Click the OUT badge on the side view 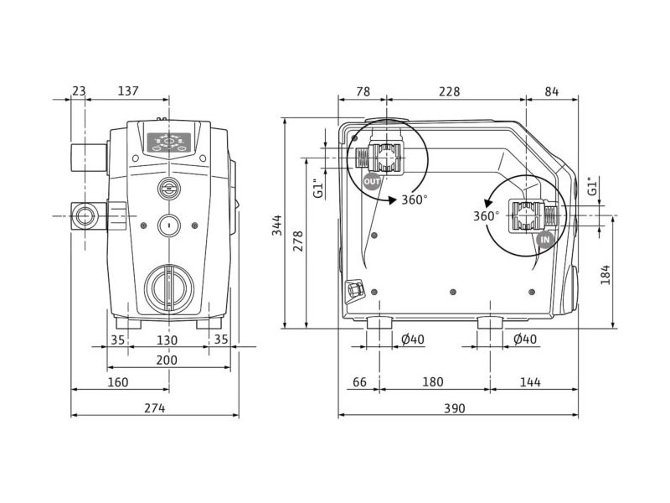tap(371, 181)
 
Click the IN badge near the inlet tap(545, 240)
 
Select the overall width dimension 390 tap(454, 408)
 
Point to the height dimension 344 tap(277, 225)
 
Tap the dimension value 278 tap(298, 241)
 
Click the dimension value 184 tap(606, 275)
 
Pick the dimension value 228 tap(450, 91)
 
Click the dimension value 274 tap(155, 408)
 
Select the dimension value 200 tap(167, 360)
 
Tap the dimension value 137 tap(128, 91)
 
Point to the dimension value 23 tap(79, 91)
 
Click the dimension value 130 tap(167, 340)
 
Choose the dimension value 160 tap(117, 382)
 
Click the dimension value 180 tap(433, 381)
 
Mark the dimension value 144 tap(530, 381)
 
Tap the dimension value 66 tap(360, 381)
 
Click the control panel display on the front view tap(169, 143)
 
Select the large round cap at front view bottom tap(169, 287)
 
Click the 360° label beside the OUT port tap(415, 200)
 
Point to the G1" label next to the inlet tap(592, 186)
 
